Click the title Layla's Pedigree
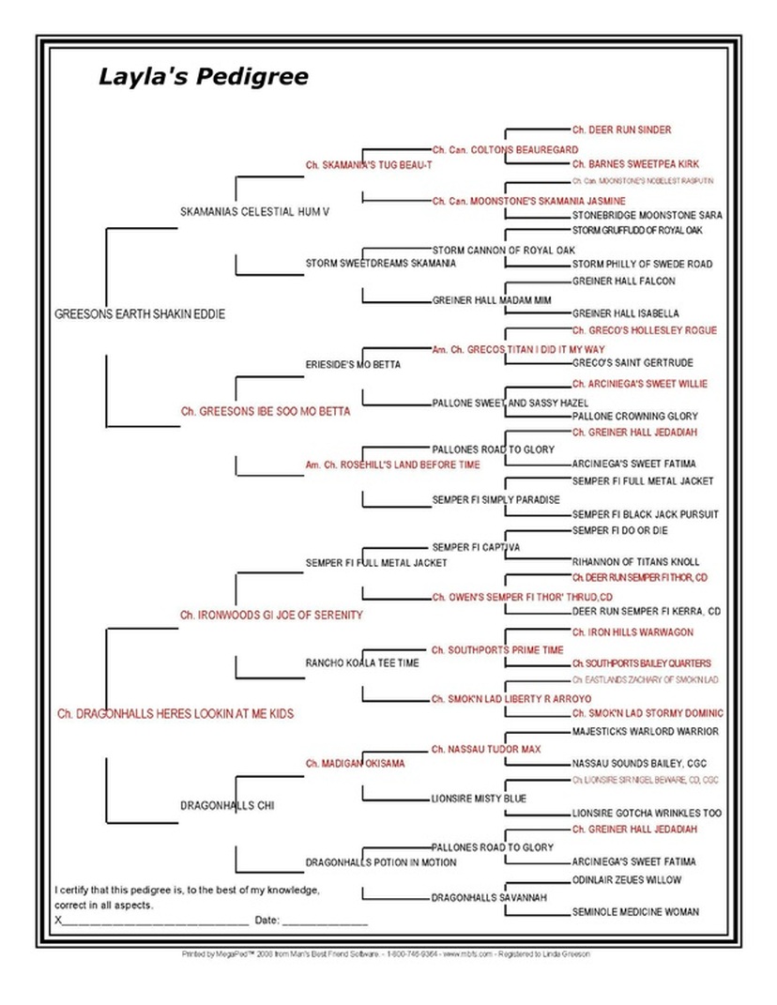pyautogui.click(x=203, y=77)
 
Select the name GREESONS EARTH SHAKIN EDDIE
pyautogui.click(x=140, y=314)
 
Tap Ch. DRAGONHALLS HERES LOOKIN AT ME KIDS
pyautogui.click(x=175, y=714)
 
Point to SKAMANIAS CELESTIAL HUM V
pyautogui.click(x=255, y=212)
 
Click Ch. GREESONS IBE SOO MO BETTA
pyautogui.click(x=266, y=411)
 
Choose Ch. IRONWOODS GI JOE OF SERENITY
pyautogui.click(x=271, y=615)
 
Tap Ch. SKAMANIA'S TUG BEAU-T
pyautogui.click(x=369, y=165)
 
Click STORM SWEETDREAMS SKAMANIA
pyautogui.click(x=381, y=264)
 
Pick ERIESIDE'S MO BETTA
pyautogui.click(x=353, y=365)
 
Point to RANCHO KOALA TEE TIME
pyautogui.click(x=362, y=663)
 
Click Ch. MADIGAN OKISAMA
pyautogui.click(x=355, y=764)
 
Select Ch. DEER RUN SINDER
pyautogui.click(x=621, y=129)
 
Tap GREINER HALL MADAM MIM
pyautogui.click(x=488, y=301)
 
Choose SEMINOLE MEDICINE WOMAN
pyautogui.click(x=635, y=912)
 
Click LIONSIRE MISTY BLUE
pyautogui.click(x=479, y=799)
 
